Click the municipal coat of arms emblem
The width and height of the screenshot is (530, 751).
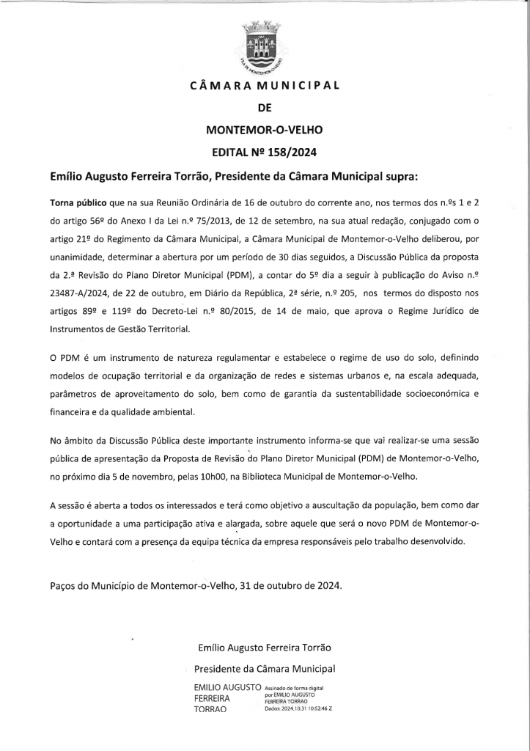click(265, 47)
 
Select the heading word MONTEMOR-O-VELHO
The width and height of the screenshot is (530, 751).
click(264, 130)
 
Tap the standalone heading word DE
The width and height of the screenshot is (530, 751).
click(265, 107)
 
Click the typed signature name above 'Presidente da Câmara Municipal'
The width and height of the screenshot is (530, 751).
click(265, 648)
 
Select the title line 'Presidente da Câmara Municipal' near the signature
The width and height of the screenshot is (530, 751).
click(265, 668)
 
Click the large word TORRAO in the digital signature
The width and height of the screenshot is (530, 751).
click(211, 710)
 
